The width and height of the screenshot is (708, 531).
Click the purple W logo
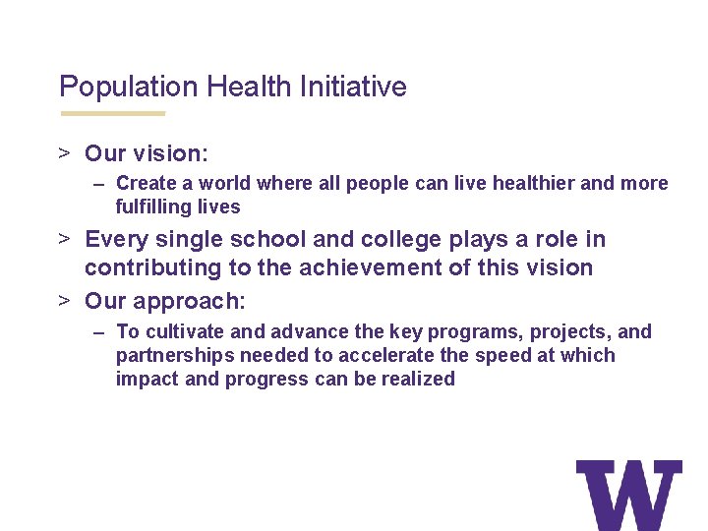pyautogui.click(x=628, y=495)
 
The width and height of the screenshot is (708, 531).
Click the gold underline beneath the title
pyautogui.click(x=112, y=113)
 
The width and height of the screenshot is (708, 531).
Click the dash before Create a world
pyautogui.click(x=100, y=184)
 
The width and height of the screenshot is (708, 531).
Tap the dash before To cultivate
pyautogui.click(x=100, y=332)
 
